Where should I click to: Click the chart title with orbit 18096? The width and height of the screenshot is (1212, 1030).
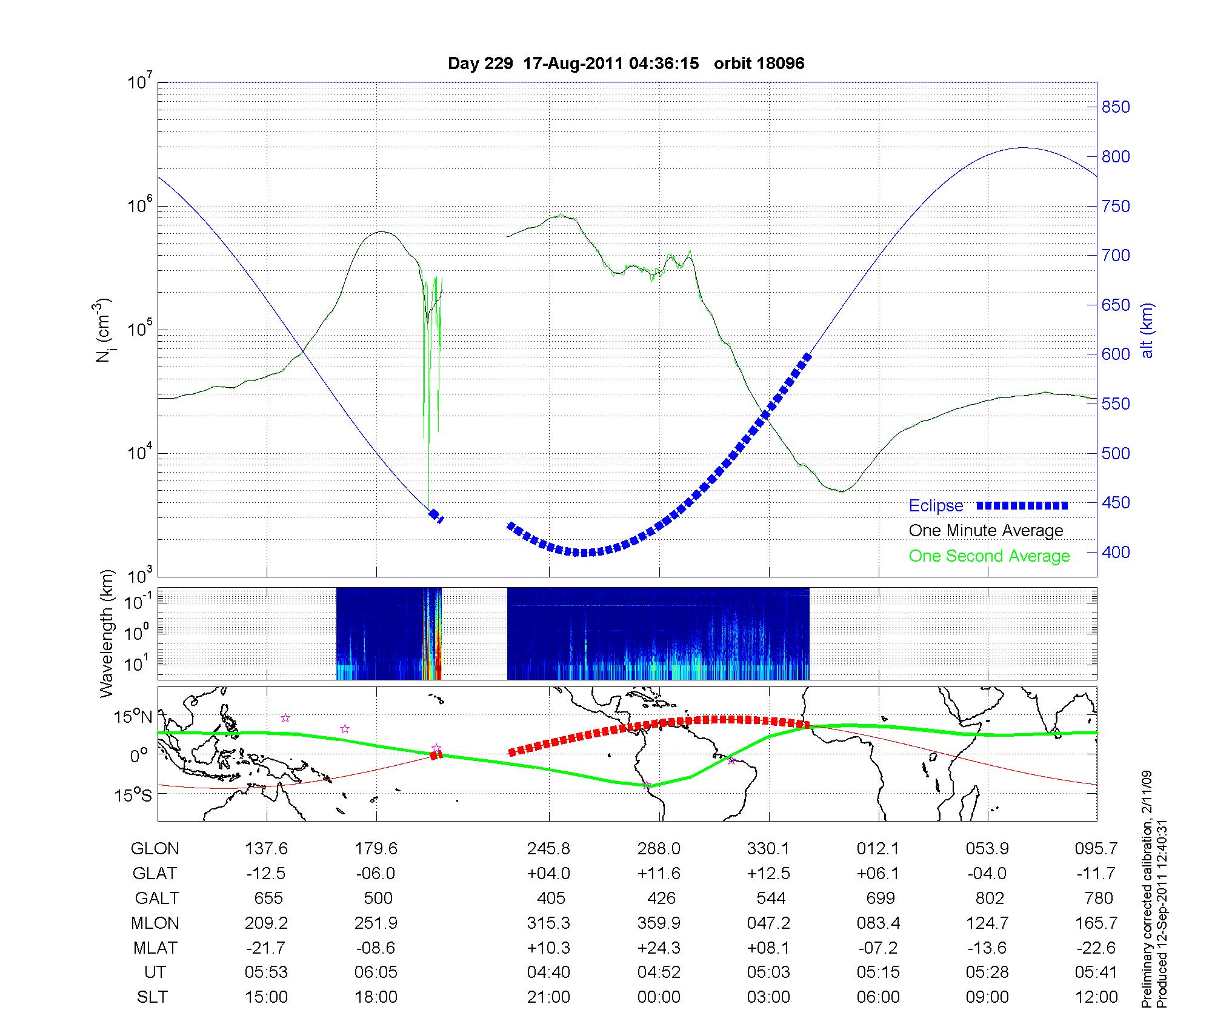(626, 64)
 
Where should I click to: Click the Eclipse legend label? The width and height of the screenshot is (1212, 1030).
(936, 506)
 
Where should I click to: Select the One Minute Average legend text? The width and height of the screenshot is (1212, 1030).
(986, 531)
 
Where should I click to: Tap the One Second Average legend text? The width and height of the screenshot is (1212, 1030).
(989, 556)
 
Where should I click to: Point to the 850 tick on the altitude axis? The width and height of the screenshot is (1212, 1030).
(1115, 107)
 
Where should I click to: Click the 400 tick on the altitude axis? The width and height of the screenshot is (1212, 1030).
(1115, 553)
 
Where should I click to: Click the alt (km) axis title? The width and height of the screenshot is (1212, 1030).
(1147, 330)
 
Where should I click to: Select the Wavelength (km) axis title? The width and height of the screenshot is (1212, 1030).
(107, 634)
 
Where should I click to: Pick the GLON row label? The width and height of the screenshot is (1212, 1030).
(155, 849)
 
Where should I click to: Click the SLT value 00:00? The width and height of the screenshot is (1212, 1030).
(659, 997)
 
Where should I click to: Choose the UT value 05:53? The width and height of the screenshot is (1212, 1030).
(267, 972)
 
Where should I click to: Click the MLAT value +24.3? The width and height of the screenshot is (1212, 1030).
(659, 948)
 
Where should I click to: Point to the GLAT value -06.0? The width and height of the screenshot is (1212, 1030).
(376, 873)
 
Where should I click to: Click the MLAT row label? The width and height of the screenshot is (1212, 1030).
(155, 948)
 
